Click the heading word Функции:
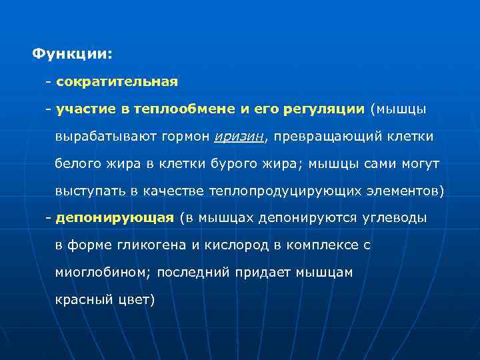point(73,53)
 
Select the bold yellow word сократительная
point(117,82)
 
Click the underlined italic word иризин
point(239,137)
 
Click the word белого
point(76,164)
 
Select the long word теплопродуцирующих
point(286,191)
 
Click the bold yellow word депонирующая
point(115,218)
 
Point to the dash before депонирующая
point(48,218)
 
